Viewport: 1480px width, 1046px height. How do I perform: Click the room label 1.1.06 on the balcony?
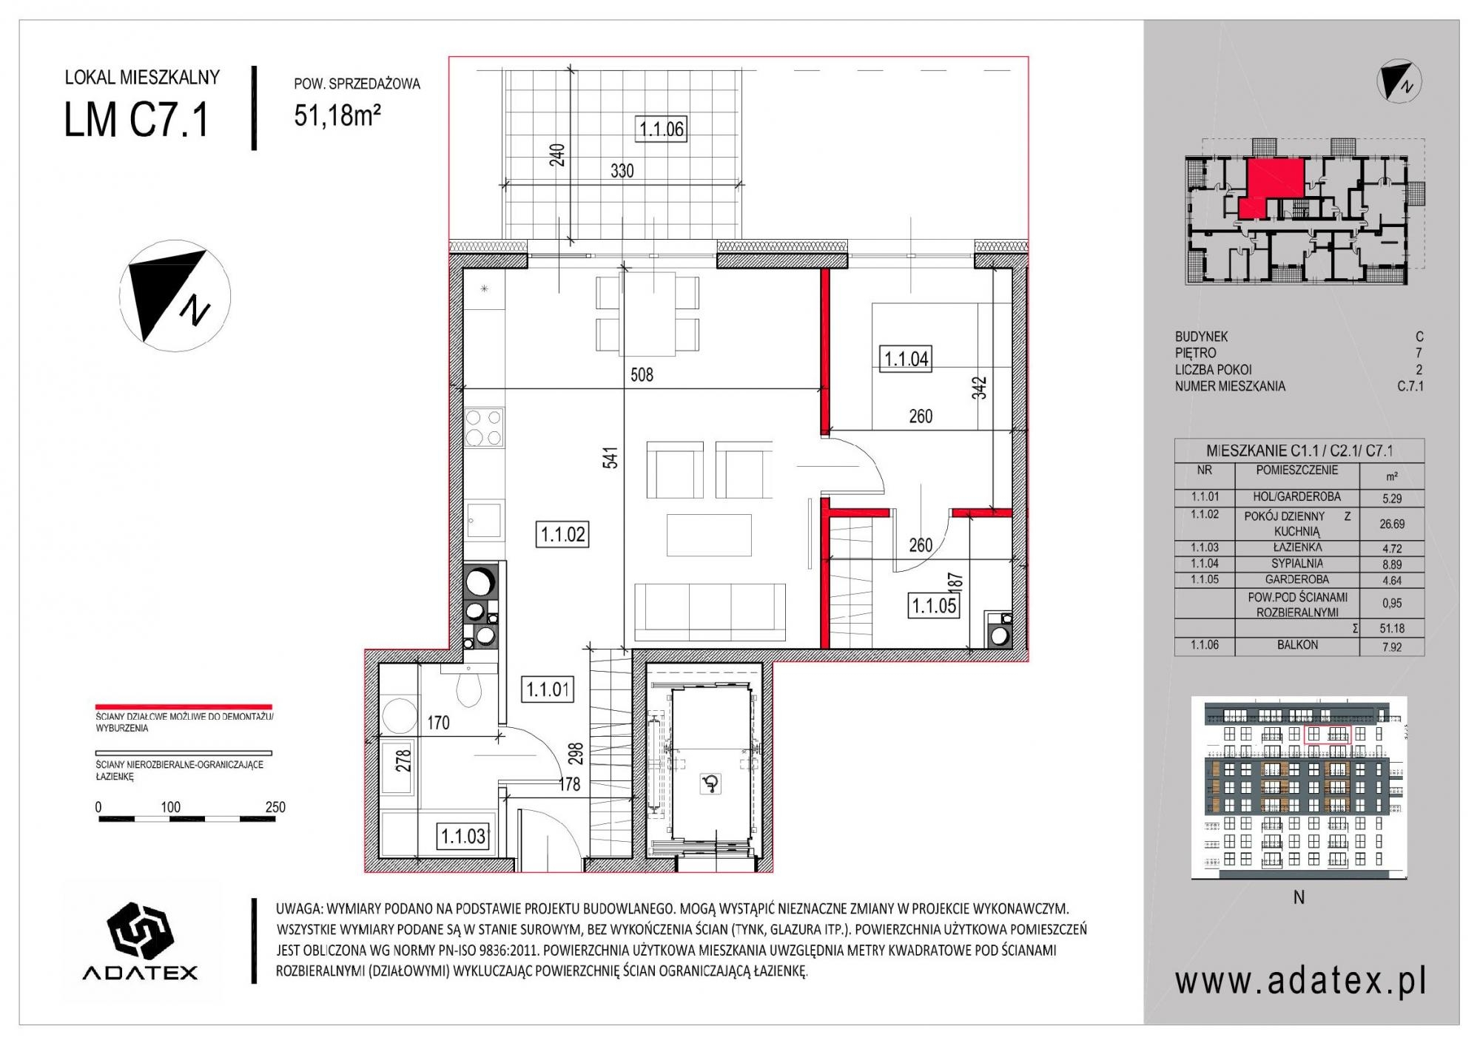click(x=662, y=129)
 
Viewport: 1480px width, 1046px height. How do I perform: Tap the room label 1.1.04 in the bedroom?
click(x=906, y=360)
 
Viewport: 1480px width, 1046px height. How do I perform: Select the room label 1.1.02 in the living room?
click(x=563, y=534)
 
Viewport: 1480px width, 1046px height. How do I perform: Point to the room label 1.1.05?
click(x=934, y=607)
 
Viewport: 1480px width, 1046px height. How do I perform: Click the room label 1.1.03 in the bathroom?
click(x=463, y=837)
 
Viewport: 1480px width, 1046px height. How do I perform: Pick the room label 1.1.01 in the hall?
click(x=548, y=689)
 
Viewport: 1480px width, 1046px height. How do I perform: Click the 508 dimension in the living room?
click(x=642, y=375)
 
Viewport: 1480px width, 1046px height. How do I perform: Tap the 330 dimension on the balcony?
click(x=622, y=171)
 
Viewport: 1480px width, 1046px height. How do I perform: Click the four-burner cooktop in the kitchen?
click(x=484, y=428)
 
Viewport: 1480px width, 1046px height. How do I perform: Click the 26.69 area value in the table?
click(x=1392, y=524)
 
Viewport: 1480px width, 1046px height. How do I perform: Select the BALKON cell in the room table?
click(x=1297, y=645)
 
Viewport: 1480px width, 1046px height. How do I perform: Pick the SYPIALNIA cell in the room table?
click(x=1297, y=564)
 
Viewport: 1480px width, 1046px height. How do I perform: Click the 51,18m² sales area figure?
click(x=337, y=115)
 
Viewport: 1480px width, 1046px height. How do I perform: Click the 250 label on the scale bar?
click(x=275, y=807)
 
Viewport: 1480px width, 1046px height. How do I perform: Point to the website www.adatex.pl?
click(x=1300, y=982)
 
